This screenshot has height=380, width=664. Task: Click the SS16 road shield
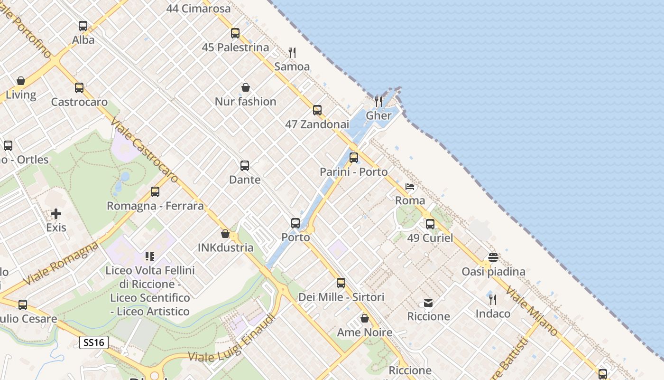pos(94,342)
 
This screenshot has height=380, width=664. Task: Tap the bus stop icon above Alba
pos(83,26)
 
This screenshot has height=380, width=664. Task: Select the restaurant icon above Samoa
pos(292,52)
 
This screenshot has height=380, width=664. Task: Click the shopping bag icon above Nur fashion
pos(246,87)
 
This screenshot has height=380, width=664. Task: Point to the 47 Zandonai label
pos(317,124)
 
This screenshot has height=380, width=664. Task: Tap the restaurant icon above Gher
pos(378,101)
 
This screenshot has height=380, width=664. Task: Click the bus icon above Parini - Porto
pos(354,158)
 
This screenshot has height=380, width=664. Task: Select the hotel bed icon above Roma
pos(410,187)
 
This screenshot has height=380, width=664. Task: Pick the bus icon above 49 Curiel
pos(430,224)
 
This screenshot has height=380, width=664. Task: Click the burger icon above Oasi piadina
pos(493,257)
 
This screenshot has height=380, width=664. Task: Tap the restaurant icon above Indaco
pos(493,299)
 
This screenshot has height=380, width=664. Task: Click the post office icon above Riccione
pos(428,303)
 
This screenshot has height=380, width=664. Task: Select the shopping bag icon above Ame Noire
pos(365,318)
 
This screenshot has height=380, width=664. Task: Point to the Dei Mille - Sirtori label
pos(341,297)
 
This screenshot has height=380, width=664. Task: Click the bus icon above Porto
pos(295,223)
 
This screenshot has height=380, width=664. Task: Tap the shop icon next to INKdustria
pos(225,234)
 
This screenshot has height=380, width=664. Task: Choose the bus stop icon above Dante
pos(245,166)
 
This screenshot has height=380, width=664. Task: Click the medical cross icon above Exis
pos(56,214)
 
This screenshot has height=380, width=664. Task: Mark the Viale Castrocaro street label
pos(145,151)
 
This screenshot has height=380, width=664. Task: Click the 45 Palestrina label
pos(235,47)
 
